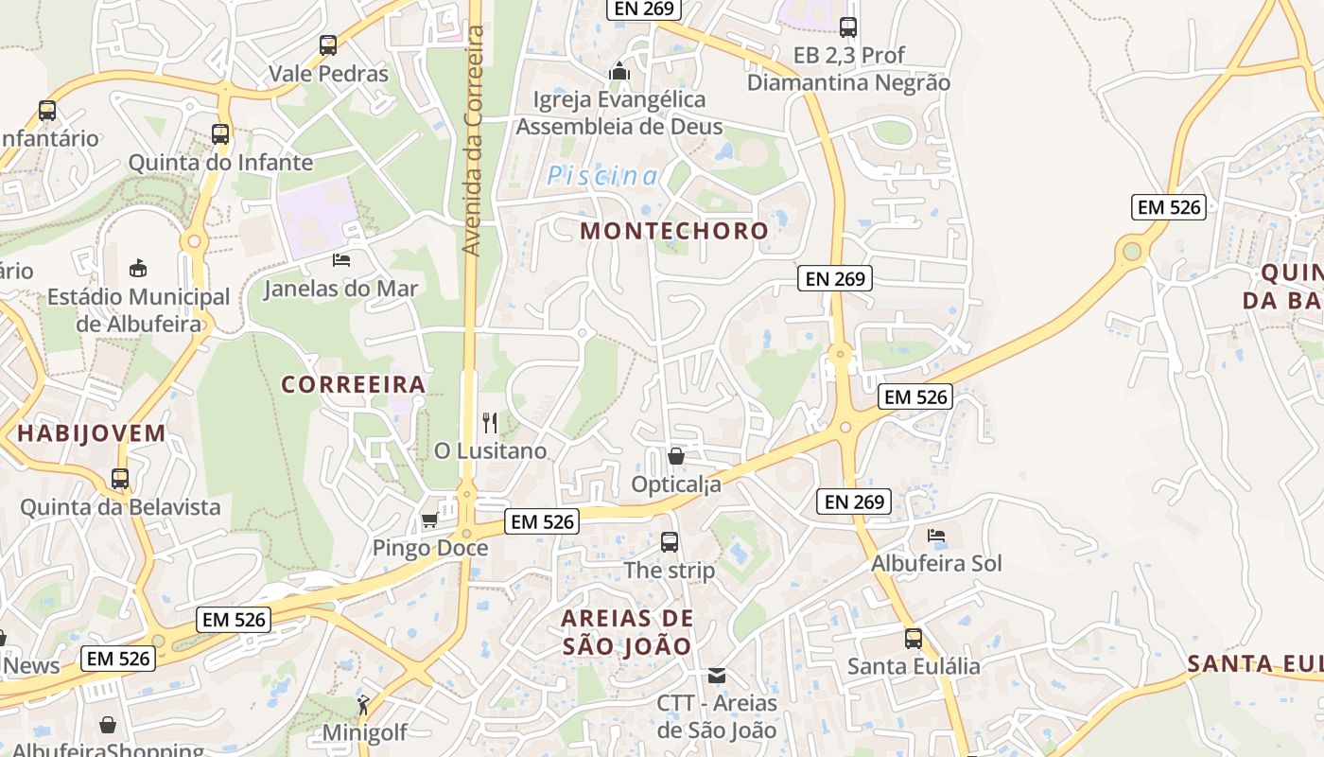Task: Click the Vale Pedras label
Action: coord(328,74)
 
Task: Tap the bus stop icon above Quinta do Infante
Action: coord(220,134)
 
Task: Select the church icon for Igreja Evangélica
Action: coord(619,71)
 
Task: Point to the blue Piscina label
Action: coord(602,176)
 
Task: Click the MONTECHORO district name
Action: coord(674,231)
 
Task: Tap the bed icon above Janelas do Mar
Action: coord(341,259)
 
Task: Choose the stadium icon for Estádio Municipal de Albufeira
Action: coord(138,268)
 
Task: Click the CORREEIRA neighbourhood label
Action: coord(354,384)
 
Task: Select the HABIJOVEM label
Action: coord(92,433)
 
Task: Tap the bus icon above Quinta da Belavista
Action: coord(120,479)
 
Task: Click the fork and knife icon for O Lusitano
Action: coord(490,422)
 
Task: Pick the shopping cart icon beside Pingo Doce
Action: coord(429,520)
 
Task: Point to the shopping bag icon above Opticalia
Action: coord(676,457)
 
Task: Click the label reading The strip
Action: coord(670,571)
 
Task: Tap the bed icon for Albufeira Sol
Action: coord(936,536)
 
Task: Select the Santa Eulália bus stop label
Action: coord(914,666)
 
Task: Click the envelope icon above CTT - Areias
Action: coord(717,676)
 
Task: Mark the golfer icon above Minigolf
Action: coord(363,704)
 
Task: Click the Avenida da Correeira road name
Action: coord(472,140)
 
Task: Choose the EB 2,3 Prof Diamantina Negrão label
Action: coord(848,69)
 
